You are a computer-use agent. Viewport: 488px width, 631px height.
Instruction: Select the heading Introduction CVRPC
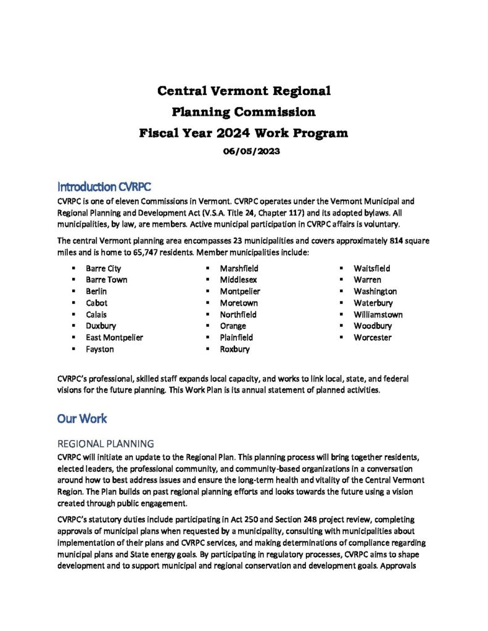[x=104, y=186]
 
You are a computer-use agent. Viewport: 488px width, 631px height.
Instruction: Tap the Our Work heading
[x=82, y=418]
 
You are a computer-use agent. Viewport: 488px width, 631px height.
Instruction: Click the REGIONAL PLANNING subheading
[x=105, y=444]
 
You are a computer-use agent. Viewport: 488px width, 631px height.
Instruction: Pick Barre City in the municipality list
[x=104, y=269]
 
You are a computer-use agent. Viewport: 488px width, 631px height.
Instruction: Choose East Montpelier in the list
[x=114, y=338]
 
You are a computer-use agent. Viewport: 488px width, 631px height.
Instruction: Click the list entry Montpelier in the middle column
[x=240, y=291]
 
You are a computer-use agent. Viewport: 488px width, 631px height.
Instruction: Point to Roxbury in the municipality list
[x=234, y=349]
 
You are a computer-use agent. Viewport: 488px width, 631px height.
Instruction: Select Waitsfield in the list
[x=371, y=269]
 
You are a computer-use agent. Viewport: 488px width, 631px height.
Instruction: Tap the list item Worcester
[x=372, y=338]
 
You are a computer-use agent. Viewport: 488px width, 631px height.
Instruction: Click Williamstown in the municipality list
[x=378, y=314]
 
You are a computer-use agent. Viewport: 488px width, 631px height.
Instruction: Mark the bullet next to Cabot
[x=73, y=303]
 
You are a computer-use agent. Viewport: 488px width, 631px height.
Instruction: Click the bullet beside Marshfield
[x=207, y=269]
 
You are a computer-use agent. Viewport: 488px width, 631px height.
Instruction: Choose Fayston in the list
[x=99, y=349]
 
